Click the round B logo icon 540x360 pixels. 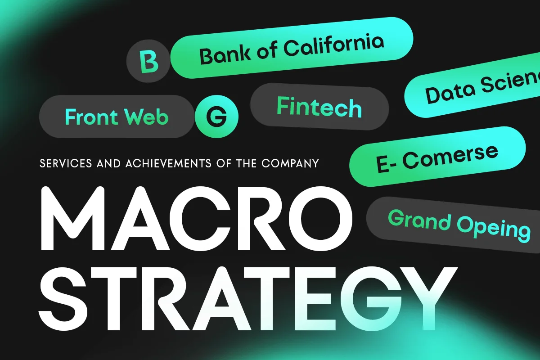pos(148,61)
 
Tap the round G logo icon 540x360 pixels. pos(216,117)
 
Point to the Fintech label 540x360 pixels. pos(319,107)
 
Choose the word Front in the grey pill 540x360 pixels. pos(92,117)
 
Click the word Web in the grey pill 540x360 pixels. pos(146,117)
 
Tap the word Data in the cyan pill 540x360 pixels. pos(450,93)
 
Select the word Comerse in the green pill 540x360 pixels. pos(450,157)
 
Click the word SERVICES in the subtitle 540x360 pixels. pos(66,163)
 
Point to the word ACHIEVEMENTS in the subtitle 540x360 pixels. pos(168,163)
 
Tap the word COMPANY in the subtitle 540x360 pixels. pos(290,163)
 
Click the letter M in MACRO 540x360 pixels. pos(73,218)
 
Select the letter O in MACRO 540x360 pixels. pos(320,218)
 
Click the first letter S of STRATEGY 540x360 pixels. pos(63,298)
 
